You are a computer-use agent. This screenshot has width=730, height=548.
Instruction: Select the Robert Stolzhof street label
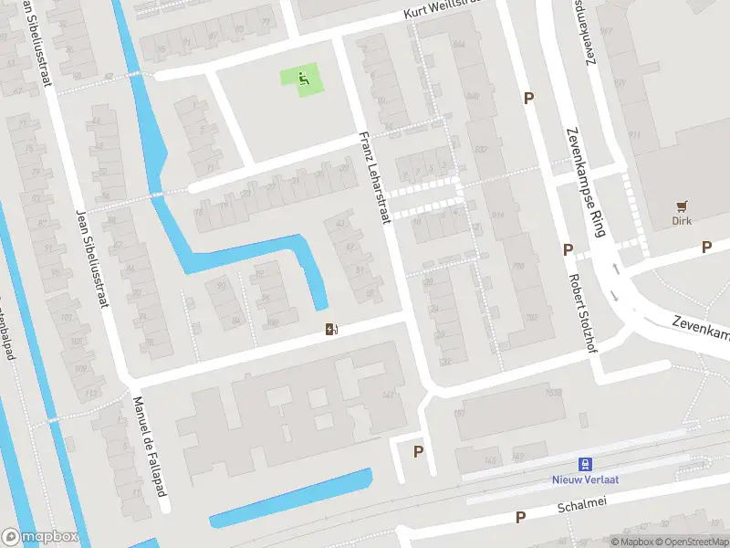tap(584, 314)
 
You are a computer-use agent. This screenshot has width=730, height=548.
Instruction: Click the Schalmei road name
tap(581, 503)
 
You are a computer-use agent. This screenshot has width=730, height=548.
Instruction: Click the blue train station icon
tap(586, 465)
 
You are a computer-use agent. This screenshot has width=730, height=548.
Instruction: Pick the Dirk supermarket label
tap(681, 221)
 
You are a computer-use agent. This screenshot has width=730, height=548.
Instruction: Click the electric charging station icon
tap(330, 329)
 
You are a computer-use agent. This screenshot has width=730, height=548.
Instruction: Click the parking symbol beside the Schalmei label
tap(520, 517)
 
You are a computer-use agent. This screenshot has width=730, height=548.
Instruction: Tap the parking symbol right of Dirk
tap(705, 247)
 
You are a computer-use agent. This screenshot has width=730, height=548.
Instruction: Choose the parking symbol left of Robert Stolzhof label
tap(568, 249)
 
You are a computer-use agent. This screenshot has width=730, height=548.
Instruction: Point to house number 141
tap(388, 395)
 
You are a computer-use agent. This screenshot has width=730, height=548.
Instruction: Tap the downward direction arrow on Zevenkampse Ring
tap(615, 295)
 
